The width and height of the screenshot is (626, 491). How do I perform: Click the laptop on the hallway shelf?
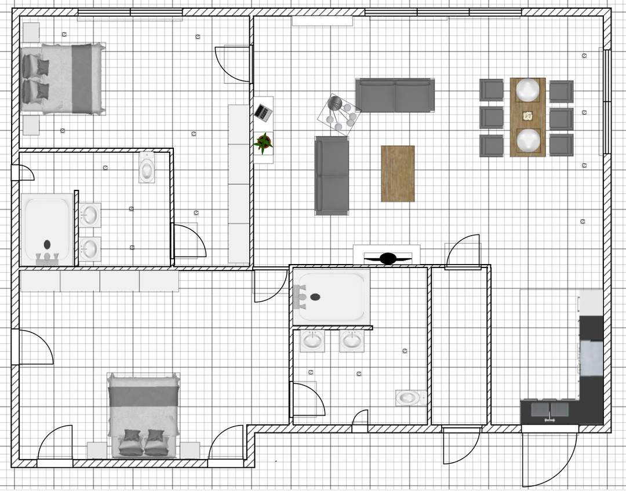(x=263, y=112)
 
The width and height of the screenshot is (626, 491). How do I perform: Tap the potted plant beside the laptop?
(x=263, y=142)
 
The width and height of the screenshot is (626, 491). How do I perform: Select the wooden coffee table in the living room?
(x=398, y=174)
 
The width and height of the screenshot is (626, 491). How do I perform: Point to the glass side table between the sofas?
(x=340, y=114)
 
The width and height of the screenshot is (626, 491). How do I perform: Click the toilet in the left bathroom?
(x=147, y=167)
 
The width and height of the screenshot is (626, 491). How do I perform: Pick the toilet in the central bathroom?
(x=409, y=398)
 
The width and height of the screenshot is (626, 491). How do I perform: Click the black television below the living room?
(x=388, y=258)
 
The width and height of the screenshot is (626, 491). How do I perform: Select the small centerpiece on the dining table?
(x=527, y=116)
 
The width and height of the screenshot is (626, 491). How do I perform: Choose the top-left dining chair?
(x=492, y=90)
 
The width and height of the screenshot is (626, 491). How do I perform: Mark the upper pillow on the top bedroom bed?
(x=37, y=65)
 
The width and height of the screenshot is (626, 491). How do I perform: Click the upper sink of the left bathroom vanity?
(x=89, y=215)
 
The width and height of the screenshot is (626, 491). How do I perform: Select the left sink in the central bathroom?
(x=312, y=340)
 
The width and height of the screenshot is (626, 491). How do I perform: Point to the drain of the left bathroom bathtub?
(x=47, y=244)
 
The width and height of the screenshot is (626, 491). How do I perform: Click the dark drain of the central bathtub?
(x=315, y=297)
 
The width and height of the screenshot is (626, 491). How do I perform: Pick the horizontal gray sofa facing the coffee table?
(x=395, y=95)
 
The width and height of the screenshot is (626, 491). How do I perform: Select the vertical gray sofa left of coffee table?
(x=332, y=175)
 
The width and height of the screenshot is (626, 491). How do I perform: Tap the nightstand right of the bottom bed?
(x=190, y=450)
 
